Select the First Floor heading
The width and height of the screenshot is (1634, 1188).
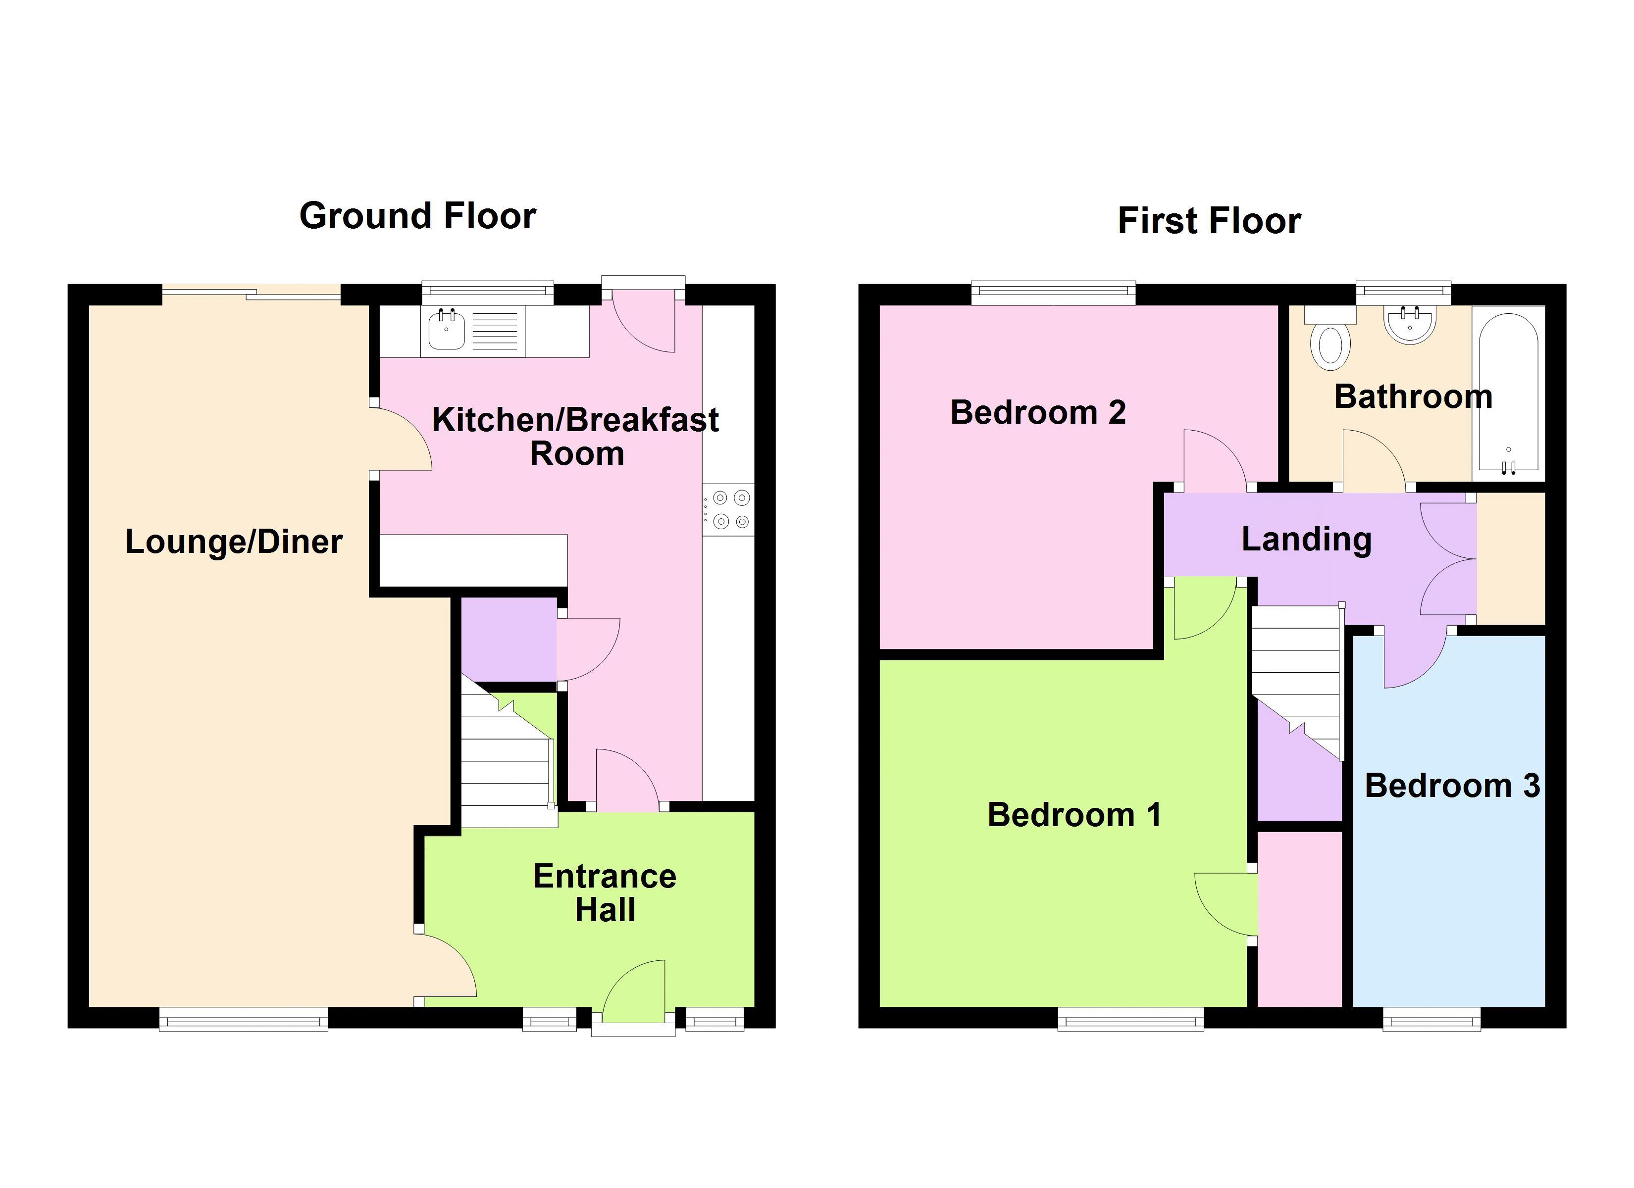[1209, 220]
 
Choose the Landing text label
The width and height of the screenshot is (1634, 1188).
[1306, 539]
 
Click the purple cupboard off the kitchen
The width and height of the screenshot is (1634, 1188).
[509, 639]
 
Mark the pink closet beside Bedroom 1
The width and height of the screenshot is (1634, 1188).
[1300, 919]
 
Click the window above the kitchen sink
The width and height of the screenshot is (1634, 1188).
[488, 291]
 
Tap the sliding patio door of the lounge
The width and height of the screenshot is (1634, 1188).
[251, 293]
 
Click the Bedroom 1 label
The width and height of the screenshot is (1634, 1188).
[1073, 815]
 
